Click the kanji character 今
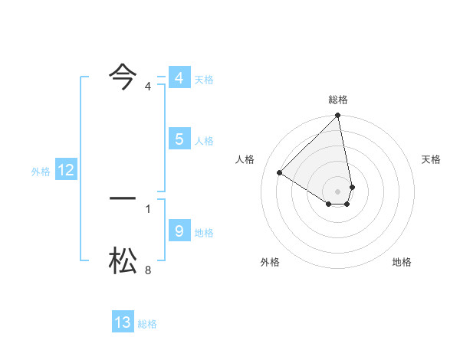123,75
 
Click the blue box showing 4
179,78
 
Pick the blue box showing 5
179,139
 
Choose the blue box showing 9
179,231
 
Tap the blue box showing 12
65,171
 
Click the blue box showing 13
123,322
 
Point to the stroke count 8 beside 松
148,270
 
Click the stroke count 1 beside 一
148,208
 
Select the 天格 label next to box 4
204,80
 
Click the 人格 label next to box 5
204,141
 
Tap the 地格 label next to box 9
204,233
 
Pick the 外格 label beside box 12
41,172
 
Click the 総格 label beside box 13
147,324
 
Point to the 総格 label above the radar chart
338,100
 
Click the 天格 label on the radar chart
431,159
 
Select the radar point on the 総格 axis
338,116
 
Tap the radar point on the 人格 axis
280,173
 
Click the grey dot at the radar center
338,191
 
